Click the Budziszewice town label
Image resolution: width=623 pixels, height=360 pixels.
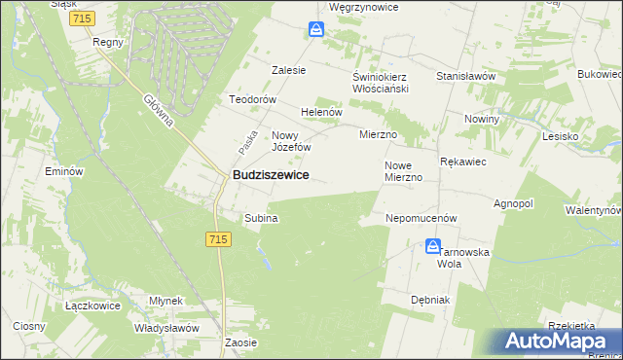click(x=271, y=175)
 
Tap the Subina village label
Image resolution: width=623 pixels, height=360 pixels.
click(x=261, y=219)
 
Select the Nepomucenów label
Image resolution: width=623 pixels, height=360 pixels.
click(x=421, y=219)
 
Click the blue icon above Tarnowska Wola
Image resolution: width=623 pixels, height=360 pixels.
click(x=434, y=248)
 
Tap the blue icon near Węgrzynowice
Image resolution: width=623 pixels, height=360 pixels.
click(x=316, y=30)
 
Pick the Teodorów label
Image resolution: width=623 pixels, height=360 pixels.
click(x=253, y=100)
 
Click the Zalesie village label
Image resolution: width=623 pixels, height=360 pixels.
click(x=289, y=70)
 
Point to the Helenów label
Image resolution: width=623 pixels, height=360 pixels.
click(x=322, y=112)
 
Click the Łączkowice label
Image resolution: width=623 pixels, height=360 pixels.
click(x=92, y=306)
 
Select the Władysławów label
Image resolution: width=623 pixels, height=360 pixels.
click(x=166, y=329)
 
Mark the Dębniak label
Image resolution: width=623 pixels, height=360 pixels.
click(x=430, y=300)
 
